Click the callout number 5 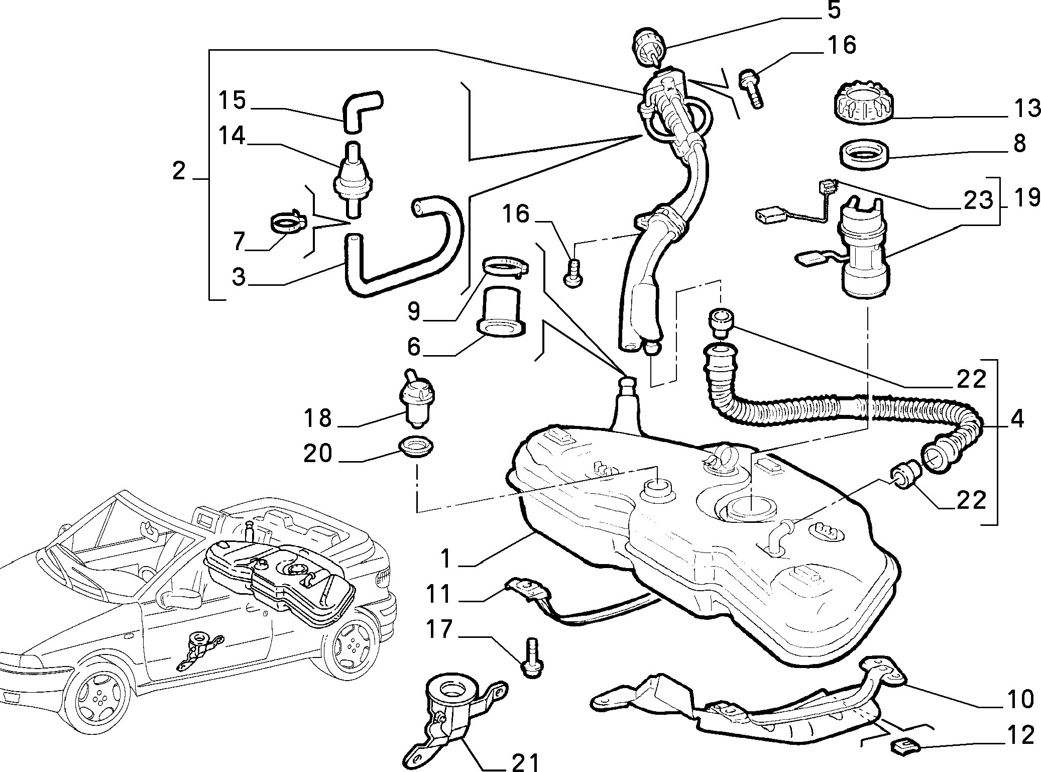pos(834,10)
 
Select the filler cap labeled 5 pos(649,48)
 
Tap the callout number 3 pos(239,276)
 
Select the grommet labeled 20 pos(416,446)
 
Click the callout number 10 pos(1020,699)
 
